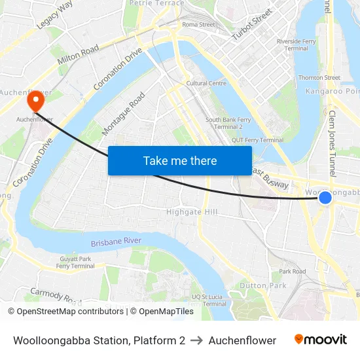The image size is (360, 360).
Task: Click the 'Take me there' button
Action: [180, 160]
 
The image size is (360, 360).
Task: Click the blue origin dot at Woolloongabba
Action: [325, 197]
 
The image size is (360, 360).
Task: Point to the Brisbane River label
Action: [117, 242]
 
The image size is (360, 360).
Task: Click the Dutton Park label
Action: [262, 285]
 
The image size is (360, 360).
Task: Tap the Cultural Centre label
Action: [206, 83]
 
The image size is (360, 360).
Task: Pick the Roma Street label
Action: [198, 25]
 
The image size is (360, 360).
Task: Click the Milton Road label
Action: [78, 54]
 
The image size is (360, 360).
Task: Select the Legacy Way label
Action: [55, 14]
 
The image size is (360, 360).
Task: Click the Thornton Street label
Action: [319, 77]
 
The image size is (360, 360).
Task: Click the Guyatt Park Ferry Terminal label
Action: [75, 262]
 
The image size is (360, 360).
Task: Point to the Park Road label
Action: [292, 271]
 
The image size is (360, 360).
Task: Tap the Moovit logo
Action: [321, 340]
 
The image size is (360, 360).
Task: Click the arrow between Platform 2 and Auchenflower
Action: [197, 340]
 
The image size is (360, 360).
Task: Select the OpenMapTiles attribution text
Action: [162, 312]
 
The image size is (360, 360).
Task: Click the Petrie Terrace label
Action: [157, 3]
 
